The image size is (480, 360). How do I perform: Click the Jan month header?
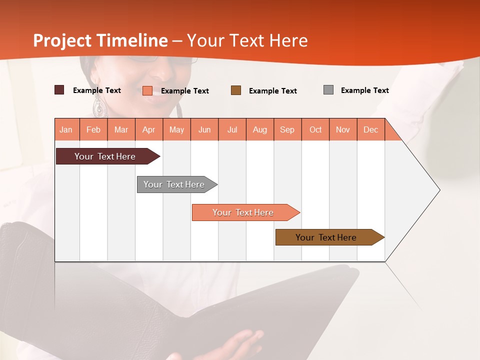(66, 130)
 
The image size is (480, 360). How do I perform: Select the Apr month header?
(149, 130)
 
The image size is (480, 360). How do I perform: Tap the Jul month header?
(232, 130)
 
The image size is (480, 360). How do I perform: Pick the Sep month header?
(287, 130)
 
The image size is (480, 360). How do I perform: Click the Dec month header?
(370, 130)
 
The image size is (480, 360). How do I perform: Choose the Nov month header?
(343, 130)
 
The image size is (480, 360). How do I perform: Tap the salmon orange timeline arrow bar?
(243, 212)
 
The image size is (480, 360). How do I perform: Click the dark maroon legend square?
(59, 90)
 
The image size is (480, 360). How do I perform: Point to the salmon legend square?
(147, 90)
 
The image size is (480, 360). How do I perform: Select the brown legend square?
(235, 90)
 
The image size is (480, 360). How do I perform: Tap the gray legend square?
(328, 90)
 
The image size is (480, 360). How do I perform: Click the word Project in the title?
(63, 40)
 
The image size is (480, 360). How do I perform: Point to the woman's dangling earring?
(98, 106)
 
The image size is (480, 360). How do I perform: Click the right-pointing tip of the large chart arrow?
(439, 190)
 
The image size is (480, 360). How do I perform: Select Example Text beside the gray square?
(364, 90)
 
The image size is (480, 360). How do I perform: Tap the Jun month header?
(204, 130)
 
